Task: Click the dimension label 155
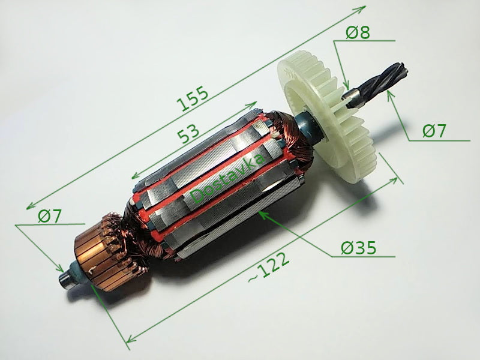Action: pyautogui.click(x=193, y=98)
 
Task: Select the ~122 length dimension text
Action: pyautogui.click(x=269, y=268)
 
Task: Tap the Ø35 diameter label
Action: pyautogui.click(x=359, y=247)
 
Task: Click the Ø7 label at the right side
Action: pyautogui.click(x=433, y=131)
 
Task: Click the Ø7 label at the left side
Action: pyautogui.click(x=49, y=216)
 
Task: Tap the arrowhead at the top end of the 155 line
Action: pyautogui.click(x=364, y=8)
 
